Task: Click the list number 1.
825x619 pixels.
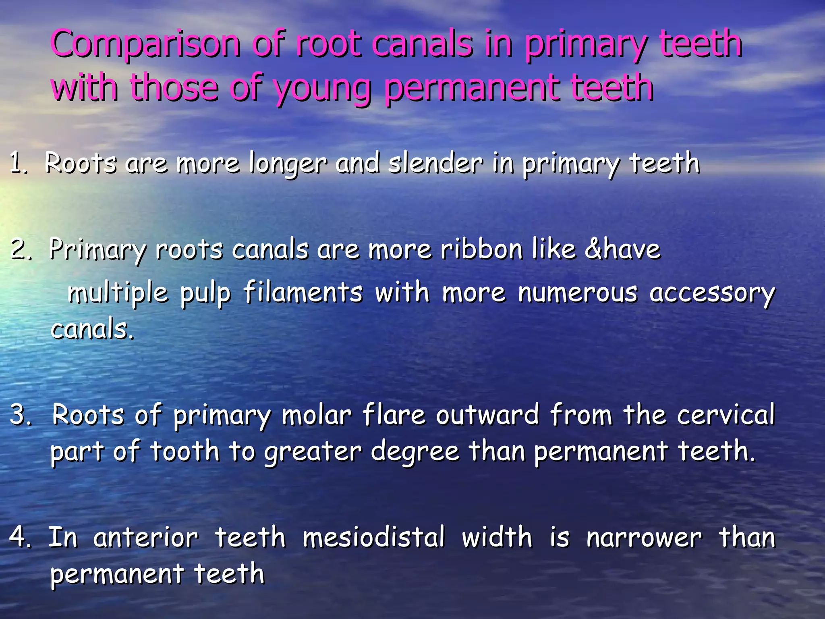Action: click(x=18, y=164)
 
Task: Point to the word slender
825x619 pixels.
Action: click(x=435, y=164)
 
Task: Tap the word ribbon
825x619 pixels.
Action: click(x=481, y=249)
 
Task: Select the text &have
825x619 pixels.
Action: click(x=622, y=249)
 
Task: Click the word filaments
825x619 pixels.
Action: click(x=303, y=292)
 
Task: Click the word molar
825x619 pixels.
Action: click(x=317, y=415)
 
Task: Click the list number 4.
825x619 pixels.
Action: click(x=19, y=538)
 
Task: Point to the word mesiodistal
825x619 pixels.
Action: click(x=374, y=538)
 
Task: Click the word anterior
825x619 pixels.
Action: click(x=146, y=538)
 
